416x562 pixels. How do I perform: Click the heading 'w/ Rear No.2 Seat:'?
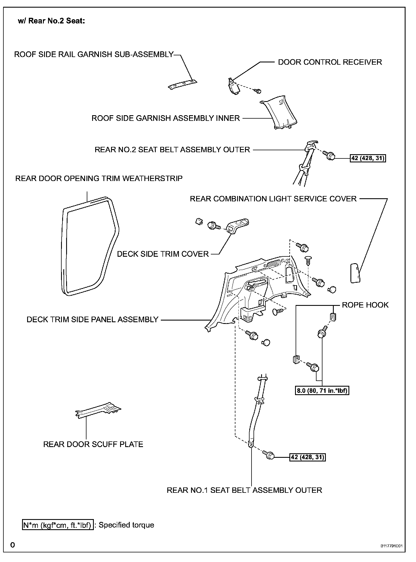coord(51,21)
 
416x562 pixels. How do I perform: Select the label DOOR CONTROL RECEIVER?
coord(330,62)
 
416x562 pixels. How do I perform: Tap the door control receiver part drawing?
coord(234,86)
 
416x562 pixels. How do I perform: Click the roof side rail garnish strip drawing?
coord(183,85)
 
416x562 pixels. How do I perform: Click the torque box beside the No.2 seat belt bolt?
coord(368,158)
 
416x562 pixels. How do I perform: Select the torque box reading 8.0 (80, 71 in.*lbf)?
coord(322,391)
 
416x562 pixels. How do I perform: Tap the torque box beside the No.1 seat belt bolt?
coord(307,457)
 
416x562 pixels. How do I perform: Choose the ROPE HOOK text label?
coord(365,305)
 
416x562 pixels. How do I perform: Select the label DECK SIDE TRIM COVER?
coord(163,254)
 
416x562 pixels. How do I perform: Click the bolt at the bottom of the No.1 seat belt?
coord(269,455)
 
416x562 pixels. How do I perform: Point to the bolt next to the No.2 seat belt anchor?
coord(330,155)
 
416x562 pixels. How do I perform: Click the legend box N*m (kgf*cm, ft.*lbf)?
coord(58,525)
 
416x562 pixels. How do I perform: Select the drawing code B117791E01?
coord(391,546)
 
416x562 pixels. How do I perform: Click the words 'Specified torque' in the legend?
coord(126,525)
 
